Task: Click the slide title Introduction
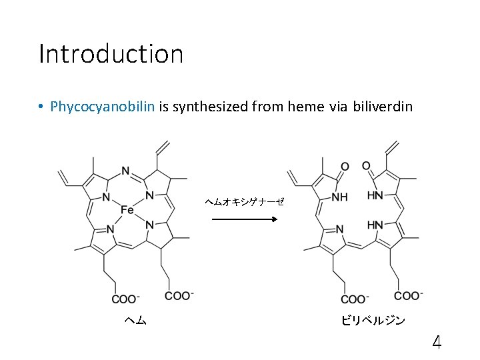coord(111,54)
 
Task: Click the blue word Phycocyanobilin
coord(103,106)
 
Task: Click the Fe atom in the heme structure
coord(127,211)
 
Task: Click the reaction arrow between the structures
coord(239,218)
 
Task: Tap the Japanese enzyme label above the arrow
coord(244,201)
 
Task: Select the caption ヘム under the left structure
coord(135,321)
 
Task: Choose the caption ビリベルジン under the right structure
coord(373,321)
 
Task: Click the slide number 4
coord(437,343)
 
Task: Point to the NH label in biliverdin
coord(339,197)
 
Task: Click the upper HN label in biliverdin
coord(375,195)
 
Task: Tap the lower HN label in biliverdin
coord(375,225)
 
